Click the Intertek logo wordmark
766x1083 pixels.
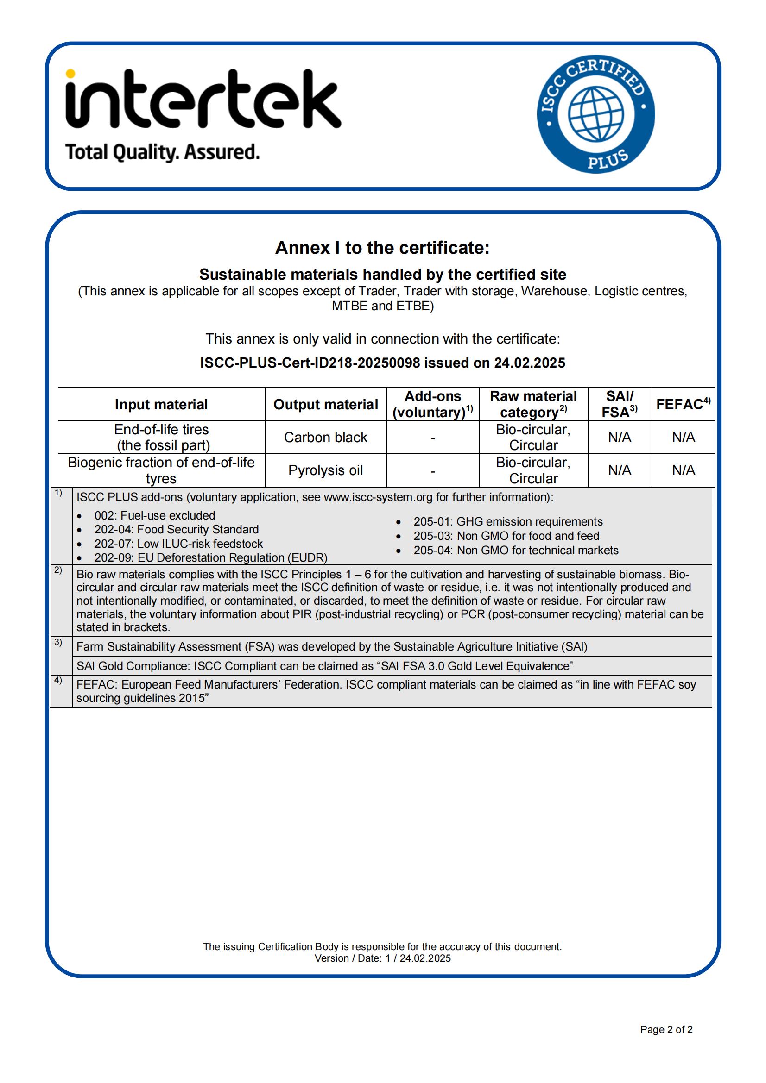pos(203,100)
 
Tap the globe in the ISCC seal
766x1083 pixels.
pos(595,114)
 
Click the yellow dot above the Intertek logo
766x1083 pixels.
pos(70,74)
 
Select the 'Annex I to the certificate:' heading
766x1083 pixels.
pos(382,248)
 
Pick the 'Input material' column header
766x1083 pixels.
pos(161,404)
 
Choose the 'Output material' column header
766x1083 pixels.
pos(326,404)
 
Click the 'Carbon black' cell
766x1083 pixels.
pos(326,437)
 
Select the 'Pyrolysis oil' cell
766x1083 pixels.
pos(326,470)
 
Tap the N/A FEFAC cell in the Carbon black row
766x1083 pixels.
pos(683,437)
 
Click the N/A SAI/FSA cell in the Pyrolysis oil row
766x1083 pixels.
pos(619,470)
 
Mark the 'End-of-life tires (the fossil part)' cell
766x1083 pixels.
pos(161,437)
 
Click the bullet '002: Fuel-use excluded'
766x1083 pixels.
pos(154,515)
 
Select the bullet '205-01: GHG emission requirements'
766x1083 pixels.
pos(508,522)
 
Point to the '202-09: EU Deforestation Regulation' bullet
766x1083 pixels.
pos(210,557)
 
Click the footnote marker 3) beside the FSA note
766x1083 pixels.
pos(58,642)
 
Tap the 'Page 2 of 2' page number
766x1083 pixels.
pos(666,1029)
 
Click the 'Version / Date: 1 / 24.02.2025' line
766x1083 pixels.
pos(382,958)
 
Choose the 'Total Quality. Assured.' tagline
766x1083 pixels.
pos(162,152)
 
